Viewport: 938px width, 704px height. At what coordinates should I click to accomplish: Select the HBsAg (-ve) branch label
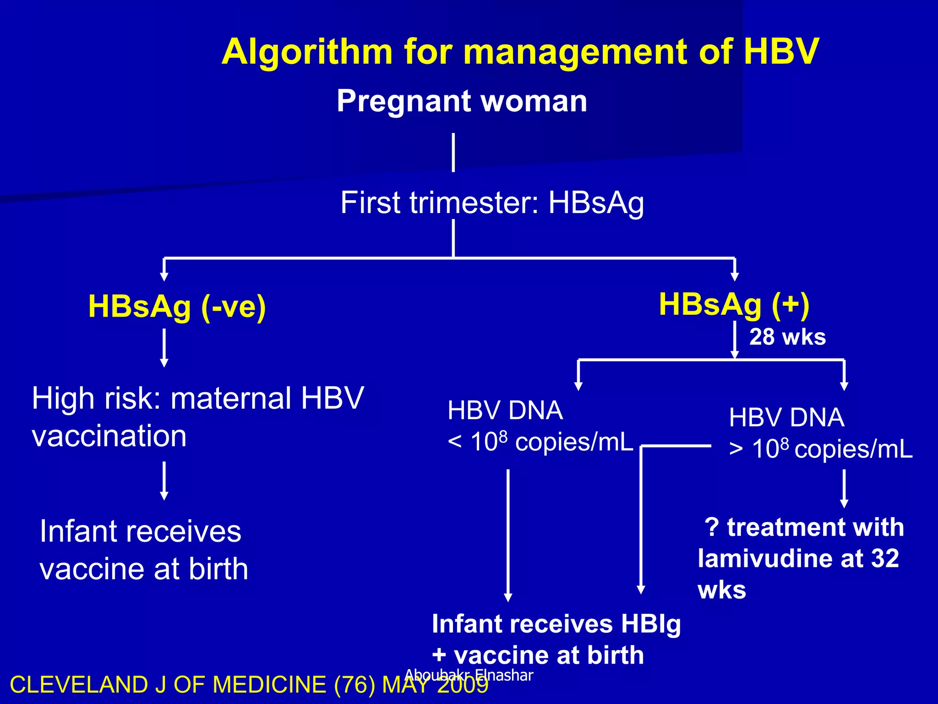point(177,307)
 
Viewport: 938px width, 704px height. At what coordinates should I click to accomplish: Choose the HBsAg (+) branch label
point(734,304)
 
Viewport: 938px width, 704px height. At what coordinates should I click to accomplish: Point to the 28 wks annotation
point(787,337)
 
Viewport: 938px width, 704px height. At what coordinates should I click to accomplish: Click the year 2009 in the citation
point(463,685)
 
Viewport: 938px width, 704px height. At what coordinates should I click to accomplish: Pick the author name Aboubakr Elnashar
point(469,675)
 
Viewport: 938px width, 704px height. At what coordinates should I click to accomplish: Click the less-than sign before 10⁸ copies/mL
point(454,443)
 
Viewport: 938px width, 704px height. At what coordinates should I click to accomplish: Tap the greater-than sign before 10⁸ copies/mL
point(736,450)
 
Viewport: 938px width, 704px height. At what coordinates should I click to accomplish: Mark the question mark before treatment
point(712,527)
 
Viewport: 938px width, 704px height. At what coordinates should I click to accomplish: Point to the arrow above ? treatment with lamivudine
point(844,488)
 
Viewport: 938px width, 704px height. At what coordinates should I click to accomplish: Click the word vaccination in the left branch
point(109,436)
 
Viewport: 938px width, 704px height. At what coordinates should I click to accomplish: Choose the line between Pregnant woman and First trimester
point(453,153)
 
